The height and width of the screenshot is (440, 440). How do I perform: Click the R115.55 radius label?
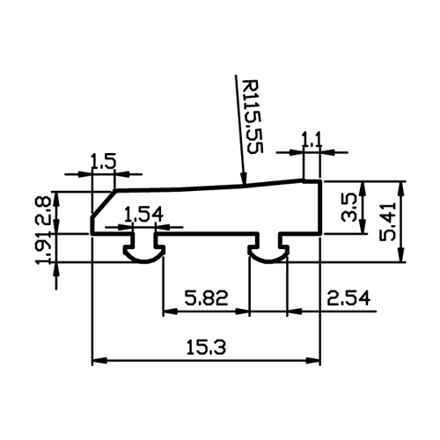[x=252, y=116]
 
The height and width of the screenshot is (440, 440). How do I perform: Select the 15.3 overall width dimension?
[x=206, y=348]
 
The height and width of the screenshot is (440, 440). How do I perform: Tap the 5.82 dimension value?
[x=206, y=298]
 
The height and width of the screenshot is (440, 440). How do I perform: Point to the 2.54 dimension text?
[x=348, y=298]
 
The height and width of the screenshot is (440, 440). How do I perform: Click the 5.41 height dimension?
[x=387, y=222]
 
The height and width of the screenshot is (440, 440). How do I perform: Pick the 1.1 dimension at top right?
[x=312, y=140]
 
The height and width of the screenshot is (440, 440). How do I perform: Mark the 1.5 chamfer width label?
[x=104, y=161]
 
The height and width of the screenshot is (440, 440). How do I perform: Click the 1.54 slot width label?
[x=143, y=215]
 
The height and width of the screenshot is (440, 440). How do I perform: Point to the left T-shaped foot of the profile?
[x=143, y=248]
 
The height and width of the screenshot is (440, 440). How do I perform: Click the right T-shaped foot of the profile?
[x=268, y=248]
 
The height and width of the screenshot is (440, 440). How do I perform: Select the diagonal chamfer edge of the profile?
[x=104, y=203]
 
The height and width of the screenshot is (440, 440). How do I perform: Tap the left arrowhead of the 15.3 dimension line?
[x=99, y=361]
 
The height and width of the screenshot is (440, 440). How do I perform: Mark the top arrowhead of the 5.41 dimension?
[x=401, y=187]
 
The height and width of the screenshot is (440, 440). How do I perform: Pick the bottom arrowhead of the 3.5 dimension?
[x=363, y=227]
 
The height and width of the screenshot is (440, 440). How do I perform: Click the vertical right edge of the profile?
[x=321, y=208]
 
